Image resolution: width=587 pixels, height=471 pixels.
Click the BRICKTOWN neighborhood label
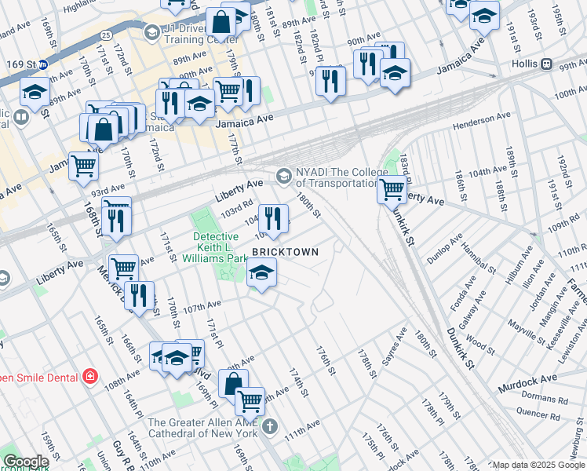click(x=285, y=252)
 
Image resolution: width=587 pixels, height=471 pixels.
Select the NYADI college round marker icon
click(x=283, y=173)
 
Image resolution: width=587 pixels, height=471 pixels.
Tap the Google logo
click(x=25, y=462)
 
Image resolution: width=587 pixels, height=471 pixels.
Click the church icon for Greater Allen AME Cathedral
click(x=270, y=426)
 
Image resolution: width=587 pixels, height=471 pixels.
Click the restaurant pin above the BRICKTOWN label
click(x=272, y=217)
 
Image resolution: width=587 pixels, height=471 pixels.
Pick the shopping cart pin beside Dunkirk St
click(x=391, y=189)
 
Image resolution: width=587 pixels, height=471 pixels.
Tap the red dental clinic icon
click(x=90, y=376)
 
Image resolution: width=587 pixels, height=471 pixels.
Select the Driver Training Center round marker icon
click(x=151, y=32)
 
